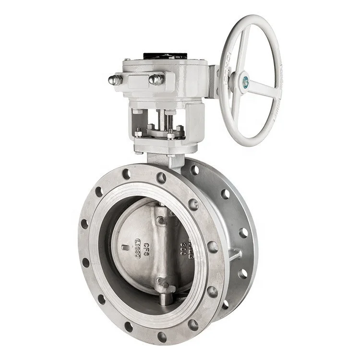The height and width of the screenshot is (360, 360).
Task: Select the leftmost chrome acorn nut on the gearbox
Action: (115, 80)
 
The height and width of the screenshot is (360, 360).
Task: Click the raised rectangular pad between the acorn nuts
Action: (135, 80)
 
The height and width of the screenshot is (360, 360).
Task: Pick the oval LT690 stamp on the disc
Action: (138, 247)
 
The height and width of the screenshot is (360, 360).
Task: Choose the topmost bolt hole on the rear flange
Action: (194, 169)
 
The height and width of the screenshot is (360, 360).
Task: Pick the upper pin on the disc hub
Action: (161, 220)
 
